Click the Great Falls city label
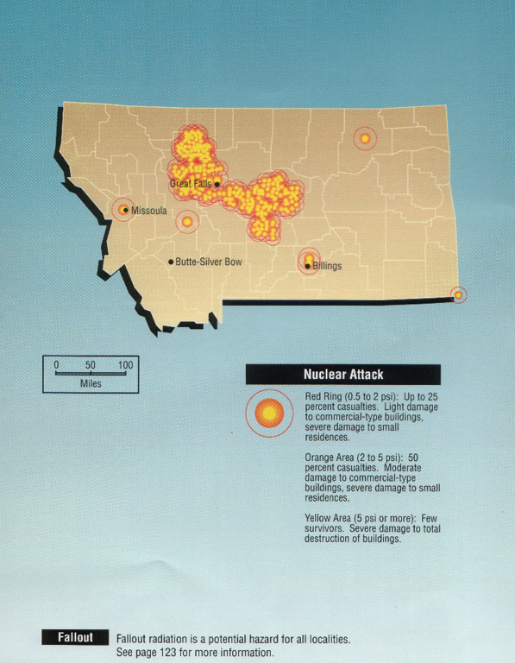190,184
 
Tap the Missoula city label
148,210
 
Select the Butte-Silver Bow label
208,261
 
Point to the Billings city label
327,266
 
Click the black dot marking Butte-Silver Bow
171,261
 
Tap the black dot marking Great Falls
217,184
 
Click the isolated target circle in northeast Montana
365,138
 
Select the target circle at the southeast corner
458,295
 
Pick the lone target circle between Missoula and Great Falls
187,222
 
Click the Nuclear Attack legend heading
342,375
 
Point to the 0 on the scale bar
56,365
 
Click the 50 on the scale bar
91,365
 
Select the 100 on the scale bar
125,365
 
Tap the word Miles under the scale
91,382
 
